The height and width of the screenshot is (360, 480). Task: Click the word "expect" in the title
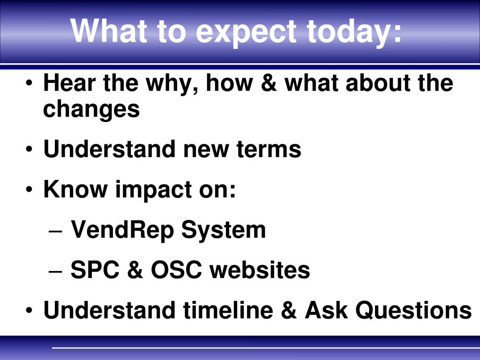(246, 32)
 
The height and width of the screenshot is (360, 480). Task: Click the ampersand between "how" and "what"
(269, 83)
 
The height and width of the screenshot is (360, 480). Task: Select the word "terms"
(269, 149)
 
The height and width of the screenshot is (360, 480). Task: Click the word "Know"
(75, 189)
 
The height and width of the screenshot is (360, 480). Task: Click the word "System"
(224, 230)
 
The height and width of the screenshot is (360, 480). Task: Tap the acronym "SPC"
(95, 270)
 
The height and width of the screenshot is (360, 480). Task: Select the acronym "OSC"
(176, 270)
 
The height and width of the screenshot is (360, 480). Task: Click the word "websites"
(260, 270)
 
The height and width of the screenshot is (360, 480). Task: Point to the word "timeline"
(228, 310)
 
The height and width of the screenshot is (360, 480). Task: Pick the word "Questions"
(413, 310)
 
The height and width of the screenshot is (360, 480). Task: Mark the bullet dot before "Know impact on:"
(29, 190)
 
